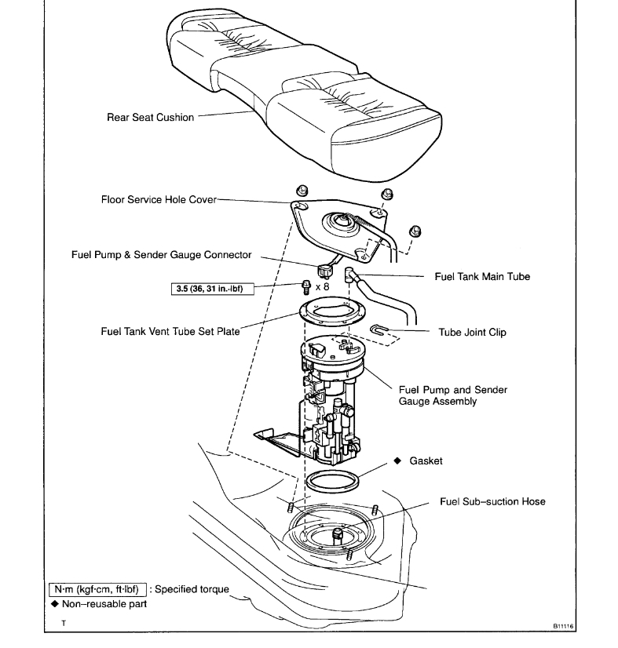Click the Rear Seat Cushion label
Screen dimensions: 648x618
click(150, 118)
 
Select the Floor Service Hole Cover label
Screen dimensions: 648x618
click(158, 199)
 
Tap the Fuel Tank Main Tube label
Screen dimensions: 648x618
click(482, 276)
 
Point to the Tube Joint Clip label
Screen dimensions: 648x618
click(472, 332)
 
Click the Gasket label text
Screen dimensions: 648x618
click(426, 461)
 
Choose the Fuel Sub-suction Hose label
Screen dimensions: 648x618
click(492, 501)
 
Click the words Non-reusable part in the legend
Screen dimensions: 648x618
click(104, 603)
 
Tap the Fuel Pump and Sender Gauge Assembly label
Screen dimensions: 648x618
click(453, 395)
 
